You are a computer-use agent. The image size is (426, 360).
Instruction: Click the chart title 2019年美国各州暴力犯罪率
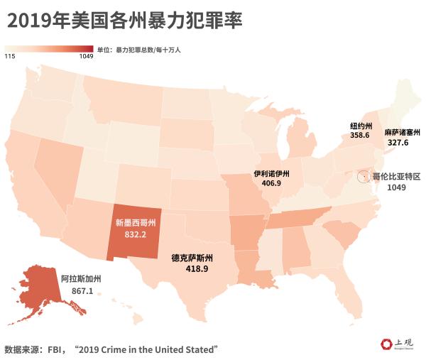coord(125,21)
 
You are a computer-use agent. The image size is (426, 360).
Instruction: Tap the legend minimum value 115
coord(10,57)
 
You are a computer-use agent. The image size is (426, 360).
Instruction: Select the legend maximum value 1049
coord(86,57)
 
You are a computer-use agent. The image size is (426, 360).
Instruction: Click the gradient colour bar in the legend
coord(48,49)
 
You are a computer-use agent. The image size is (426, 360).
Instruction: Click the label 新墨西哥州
coord(135,222)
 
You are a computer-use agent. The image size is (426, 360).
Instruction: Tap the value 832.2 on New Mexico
coord(135,234)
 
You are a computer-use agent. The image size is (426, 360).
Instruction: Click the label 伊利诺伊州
coord(272,173)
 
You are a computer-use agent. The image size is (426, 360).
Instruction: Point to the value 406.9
coord(271,183)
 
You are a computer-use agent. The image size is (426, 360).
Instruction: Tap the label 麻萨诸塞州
coord(403,132)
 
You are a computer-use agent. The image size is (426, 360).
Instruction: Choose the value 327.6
coord(398,143)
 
